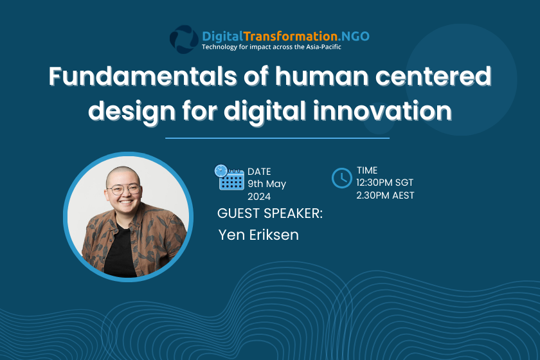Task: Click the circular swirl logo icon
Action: [184, 39]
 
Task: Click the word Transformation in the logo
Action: [291, 36]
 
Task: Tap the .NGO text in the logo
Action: [354, 36]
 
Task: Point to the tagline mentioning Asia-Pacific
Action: [271, 47]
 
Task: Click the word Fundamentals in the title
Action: [143, 76]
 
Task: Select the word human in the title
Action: [321, 76]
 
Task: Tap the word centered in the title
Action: [433, 76]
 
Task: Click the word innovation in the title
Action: [382, 111]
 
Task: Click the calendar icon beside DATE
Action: [230, 177]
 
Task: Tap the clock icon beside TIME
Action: [341, 178]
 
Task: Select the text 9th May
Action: [267, 184]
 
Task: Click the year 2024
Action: [259, 197]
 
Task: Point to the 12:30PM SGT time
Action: [384, 183]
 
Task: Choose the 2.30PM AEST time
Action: [385, 195]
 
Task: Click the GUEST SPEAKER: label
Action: [270, 213]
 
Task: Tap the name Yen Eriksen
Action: [258, 235]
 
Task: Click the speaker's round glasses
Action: [123, 189]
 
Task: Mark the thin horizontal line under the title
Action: [277, 138]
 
